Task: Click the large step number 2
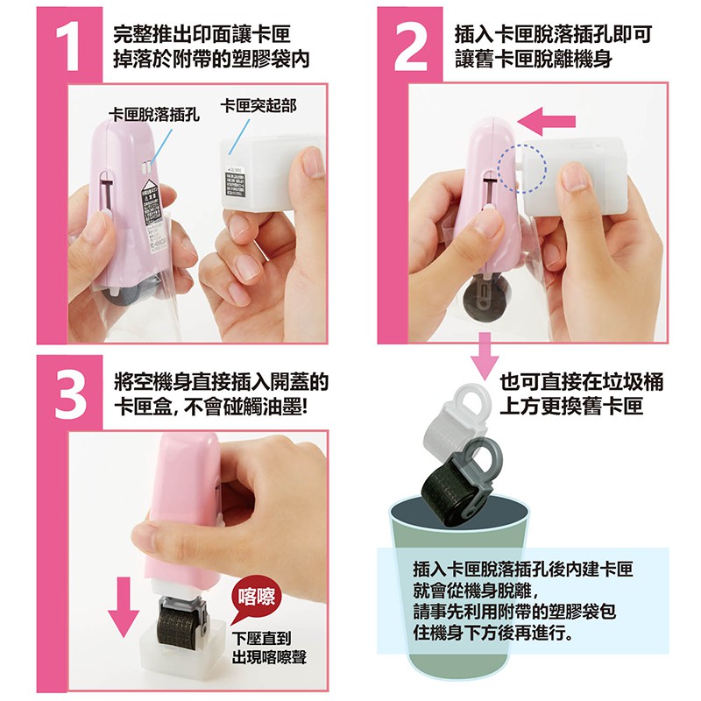pyautogui.click(x=410, y=47)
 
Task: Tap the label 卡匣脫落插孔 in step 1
pyautogui.click(x=154, y=116)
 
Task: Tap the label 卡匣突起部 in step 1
pyautogui.click(x=258, y=106)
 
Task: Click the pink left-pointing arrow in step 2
pyautogui.click(x=546, y=121)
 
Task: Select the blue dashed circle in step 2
pyautogui.click(x=521, y=168)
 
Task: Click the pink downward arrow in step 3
pyautogui.click(x=124, y=606)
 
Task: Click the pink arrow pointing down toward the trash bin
pyautogui.click(x=485, y=357)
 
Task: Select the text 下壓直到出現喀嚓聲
pyautogui.click(x=269, y=648)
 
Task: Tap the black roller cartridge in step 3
pyautogui.click(x=182, y=620)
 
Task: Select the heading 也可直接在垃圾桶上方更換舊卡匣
pyautogui.click(x=580, y=393)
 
